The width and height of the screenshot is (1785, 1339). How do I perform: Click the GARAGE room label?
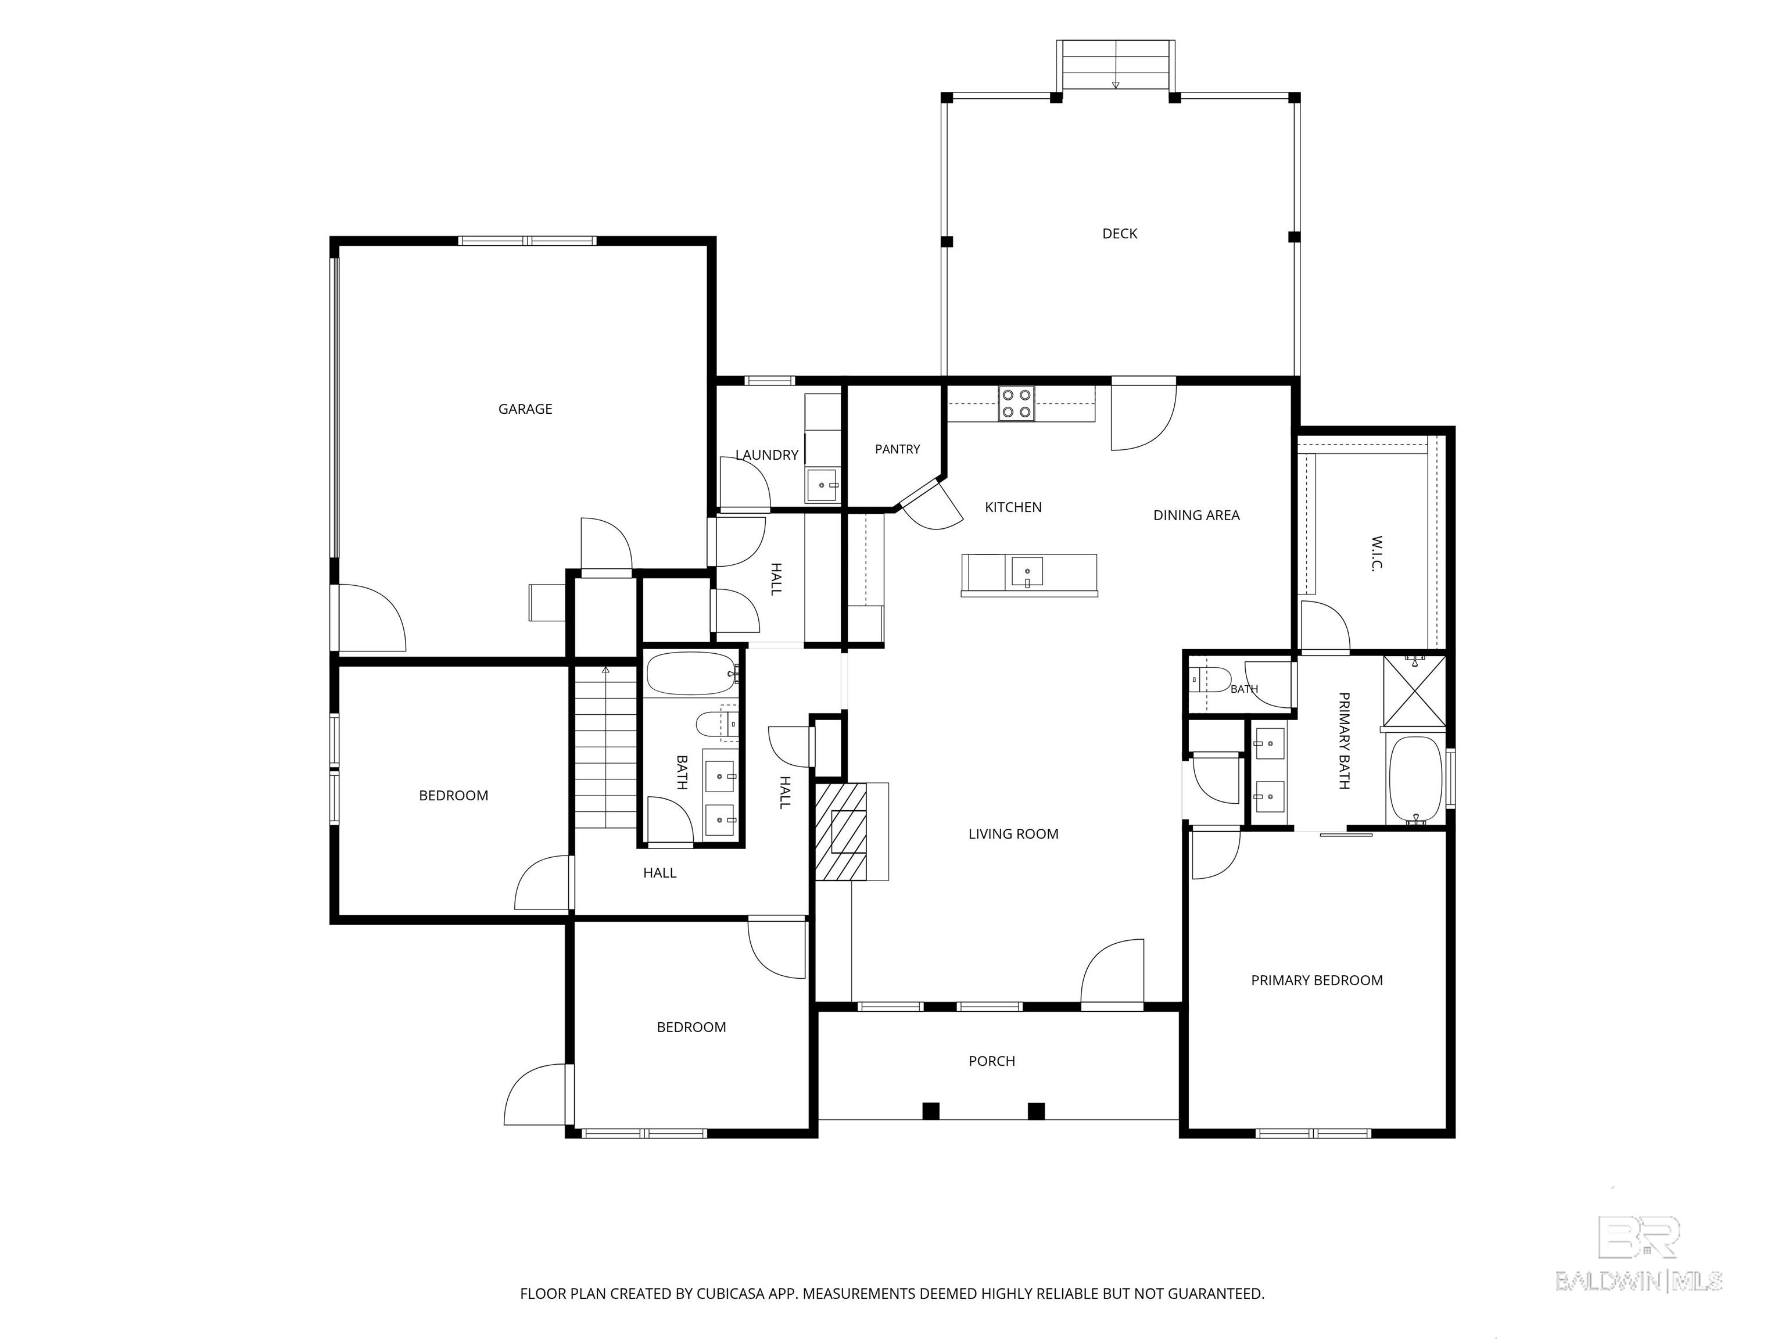click(525, 409)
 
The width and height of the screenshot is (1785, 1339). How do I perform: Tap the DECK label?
click(1120, 234)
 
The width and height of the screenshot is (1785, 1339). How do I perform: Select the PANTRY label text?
click(897, 450)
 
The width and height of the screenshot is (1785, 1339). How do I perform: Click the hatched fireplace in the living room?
click(841, 830)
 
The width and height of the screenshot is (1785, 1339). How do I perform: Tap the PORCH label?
click(992, 1061)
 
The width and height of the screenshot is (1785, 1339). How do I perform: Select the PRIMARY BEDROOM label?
click(1317, 980)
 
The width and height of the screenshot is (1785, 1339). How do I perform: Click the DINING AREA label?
click(1197, 515)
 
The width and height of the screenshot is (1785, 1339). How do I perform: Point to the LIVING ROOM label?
click(1013, 835)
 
